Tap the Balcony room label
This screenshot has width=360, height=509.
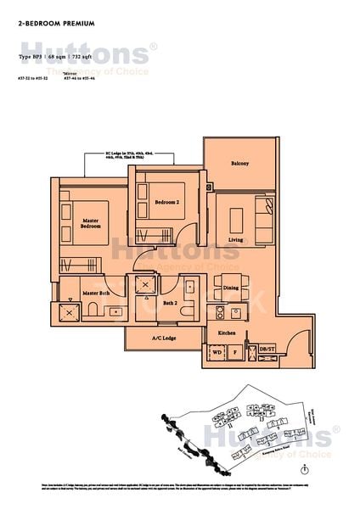(x=239, y=164)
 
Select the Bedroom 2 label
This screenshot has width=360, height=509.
(x=166, y=202)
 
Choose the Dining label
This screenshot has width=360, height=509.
(x=230, y=288)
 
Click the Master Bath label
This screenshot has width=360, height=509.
(x=97, y=294)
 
